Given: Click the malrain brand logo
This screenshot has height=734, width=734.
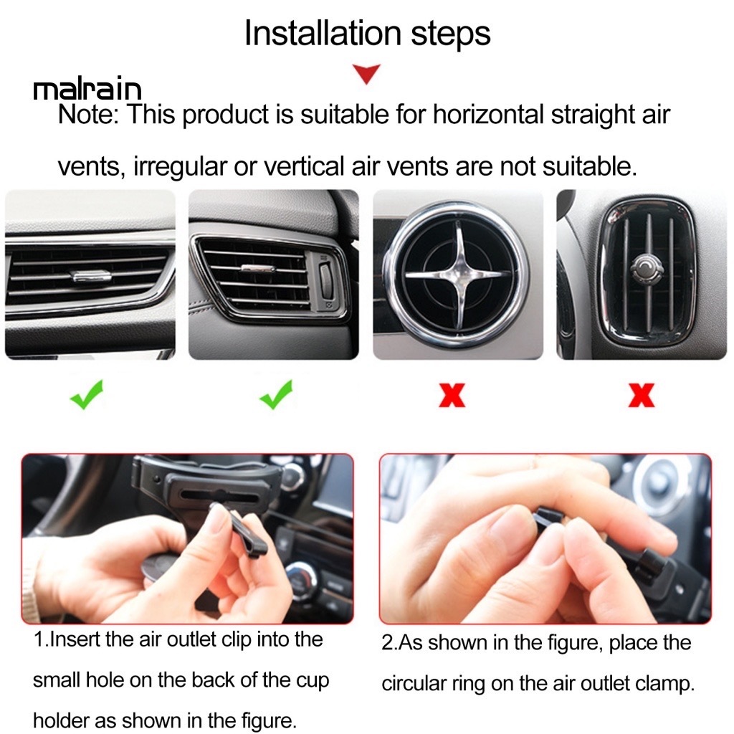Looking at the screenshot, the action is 87,89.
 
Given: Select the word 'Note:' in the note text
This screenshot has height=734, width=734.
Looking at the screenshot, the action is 88,115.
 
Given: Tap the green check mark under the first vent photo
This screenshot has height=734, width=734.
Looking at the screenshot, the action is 87,395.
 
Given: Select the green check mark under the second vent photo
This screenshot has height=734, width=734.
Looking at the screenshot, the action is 276,395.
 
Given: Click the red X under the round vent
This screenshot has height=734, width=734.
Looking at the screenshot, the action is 452,396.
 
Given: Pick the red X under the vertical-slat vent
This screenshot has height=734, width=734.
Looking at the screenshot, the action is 642,396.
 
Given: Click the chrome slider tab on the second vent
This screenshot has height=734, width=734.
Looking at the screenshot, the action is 257,269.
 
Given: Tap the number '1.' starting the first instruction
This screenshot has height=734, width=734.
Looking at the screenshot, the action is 41,639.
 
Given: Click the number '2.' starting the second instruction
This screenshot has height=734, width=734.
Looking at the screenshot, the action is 389,643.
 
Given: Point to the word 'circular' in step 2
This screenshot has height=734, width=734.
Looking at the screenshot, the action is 414,684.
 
